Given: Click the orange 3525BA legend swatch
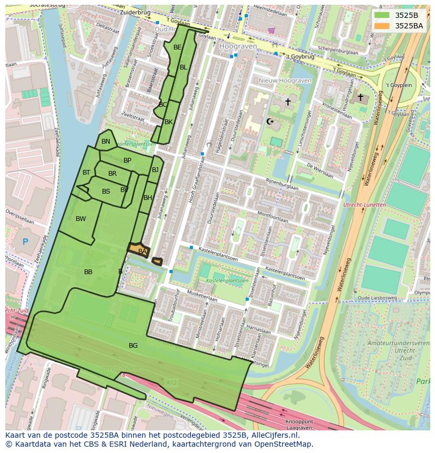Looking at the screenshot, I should [x=382, y=26].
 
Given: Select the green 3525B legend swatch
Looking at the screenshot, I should [x=382, y=15].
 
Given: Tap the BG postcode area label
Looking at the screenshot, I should [x=133, y=346].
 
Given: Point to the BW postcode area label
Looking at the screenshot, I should [x=80, y=219].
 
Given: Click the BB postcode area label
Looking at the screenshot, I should [x=88, y=272].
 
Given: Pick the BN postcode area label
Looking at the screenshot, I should [x=106, y=142].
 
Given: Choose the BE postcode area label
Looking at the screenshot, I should [x=178, y=47].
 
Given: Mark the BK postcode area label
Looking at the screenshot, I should [x=169, y=122].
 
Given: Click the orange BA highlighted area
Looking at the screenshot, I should [x=139, y=251].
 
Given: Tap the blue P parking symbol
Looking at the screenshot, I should [x=25, y=242].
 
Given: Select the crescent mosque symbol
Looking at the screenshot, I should [x=271, y=122].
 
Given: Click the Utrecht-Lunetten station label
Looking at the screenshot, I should [x=364, y=205].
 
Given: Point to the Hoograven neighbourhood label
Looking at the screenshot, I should [x=238, y=46].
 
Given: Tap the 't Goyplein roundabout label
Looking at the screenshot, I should [x=399, y=85].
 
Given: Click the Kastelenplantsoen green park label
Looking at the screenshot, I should [x=227, y=280].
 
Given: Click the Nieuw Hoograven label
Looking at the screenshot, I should [x=285, y=80].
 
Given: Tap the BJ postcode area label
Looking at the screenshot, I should [x=155, y=170].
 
